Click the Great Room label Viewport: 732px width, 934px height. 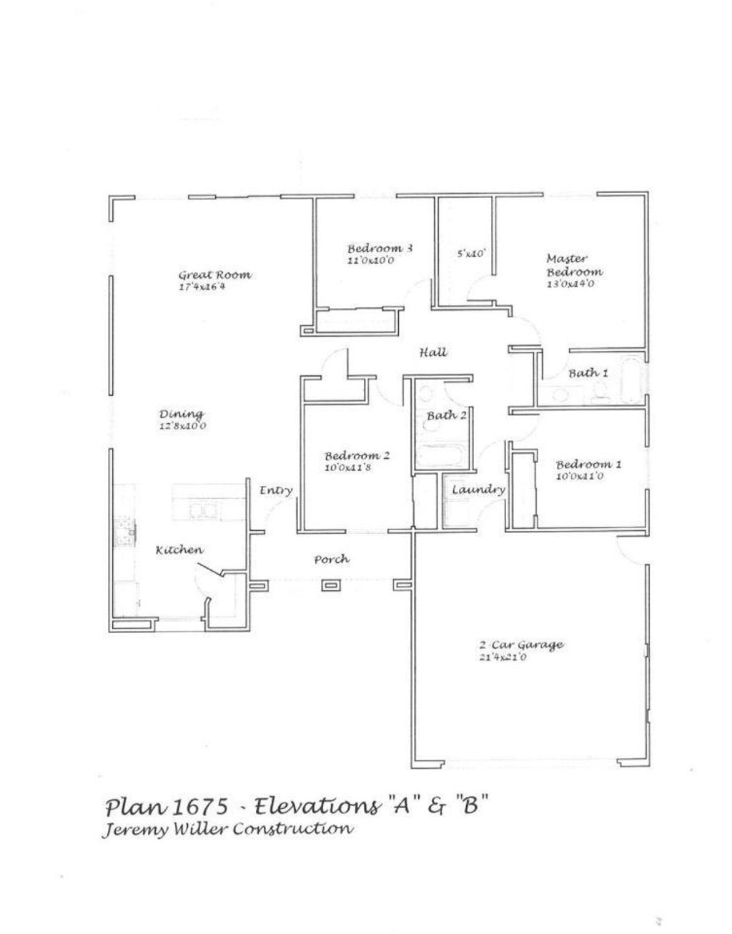click(x=214, y=275)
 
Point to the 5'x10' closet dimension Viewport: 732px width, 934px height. click(x=471, y=253)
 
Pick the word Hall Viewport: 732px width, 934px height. click(x=433, y=352)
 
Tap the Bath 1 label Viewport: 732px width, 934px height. click(x=588, y=373)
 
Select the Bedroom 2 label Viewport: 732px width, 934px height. click(x=357, y=455)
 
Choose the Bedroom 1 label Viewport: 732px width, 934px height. click(x=588, y=464)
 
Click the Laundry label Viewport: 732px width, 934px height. click(x=478, y=490)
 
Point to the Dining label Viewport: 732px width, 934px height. click(x=181, y=414)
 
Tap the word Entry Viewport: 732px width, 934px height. click(x=276, y=490)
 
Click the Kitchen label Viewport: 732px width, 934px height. click(x=179, y=550)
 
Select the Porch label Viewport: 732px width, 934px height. click(x=332, y=559)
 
